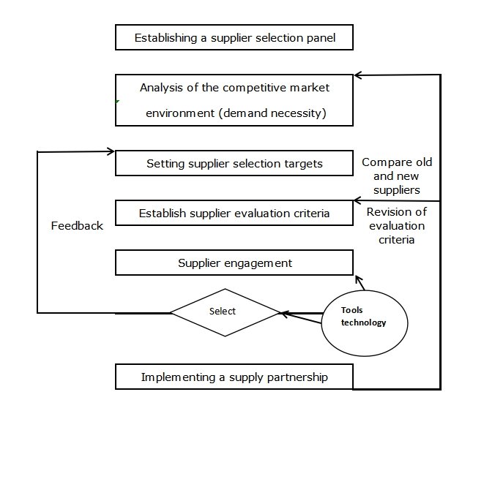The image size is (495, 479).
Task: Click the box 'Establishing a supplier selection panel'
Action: coord(234,38)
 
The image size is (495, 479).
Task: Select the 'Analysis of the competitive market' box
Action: coord(234,100)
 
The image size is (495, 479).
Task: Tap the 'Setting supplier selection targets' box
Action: coord(234,164)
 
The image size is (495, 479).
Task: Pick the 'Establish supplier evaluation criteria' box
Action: coord(234,214)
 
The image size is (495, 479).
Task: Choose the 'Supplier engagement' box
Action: coord(234,263)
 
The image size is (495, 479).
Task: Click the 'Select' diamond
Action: coord(223,312)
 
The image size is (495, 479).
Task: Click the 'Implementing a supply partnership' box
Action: coord(234,377)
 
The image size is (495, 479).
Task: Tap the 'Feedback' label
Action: coord(77,226)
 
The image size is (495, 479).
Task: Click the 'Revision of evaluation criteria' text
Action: coord(396,225)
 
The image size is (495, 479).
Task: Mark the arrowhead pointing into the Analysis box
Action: coord(357,75)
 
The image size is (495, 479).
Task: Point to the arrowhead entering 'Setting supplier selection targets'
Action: coord(111,151)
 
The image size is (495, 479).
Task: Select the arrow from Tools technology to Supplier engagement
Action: coord(360,282)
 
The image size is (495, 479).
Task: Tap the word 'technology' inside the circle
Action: coord(363,323)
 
